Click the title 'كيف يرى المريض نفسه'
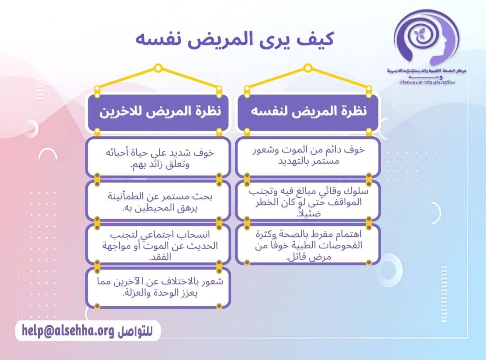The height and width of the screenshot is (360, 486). click(234, 38)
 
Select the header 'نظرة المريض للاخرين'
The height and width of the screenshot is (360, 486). click(158, 112)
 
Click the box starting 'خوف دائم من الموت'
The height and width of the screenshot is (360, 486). click(308, 156)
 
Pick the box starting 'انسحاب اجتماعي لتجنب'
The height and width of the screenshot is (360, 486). click(158, 246)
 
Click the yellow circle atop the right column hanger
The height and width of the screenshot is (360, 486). click(308, 68)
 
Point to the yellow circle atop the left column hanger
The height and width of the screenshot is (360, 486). click(158, 68)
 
